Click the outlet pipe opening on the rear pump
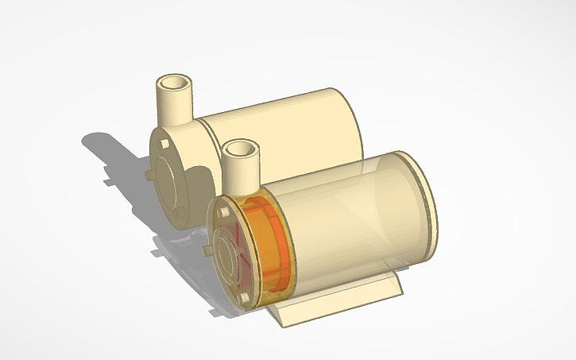174,83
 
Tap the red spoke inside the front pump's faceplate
238,238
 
